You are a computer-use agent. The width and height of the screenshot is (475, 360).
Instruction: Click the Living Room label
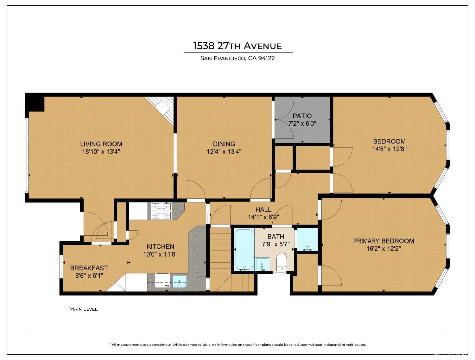click(101, 144)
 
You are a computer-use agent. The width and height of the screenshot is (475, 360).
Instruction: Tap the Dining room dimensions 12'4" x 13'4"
click(224, 152)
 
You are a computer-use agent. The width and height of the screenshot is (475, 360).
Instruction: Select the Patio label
click(302, 116)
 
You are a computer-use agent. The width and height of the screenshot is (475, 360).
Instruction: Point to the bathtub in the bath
click(244, 250)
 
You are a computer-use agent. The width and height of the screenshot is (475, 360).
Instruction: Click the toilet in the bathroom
click(282, 262)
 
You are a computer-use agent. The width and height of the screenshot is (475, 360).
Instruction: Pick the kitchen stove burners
click(161, 211)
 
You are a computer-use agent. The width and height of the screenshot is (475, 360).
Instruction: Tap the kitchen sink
click(180, 282)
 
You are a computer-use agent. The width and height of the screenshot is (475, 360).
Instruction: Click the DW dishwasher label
click(167, 286)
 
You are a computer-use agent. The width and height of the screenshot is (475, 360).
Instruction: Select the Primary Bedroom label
click(384, 241)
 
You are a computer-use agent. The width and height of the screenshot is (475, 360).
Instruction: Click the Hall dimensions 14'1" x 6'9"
click(263, 217)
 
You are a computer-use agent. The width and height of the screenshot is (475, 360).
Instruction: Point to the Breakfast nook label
click(89, 268)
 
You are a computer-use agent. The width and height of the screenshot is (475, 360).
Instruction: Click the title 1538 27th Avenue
click(237, 46)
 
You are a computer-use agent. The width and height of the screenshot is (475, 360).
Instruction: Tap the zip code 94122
click(266, 58)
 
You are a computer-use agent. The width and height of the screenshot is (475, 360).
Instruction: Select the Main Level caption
click(83, 309)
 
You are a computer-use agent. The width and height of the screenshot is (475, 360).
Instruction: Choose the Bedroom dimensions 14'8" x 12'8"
click(389, 149)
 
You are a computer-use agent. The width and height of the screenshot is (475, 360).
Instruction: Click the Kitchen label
click(160, 246)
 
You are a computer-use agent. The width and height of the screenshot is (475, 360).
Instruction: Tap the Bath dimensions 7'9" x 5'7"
click(276, 244)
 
